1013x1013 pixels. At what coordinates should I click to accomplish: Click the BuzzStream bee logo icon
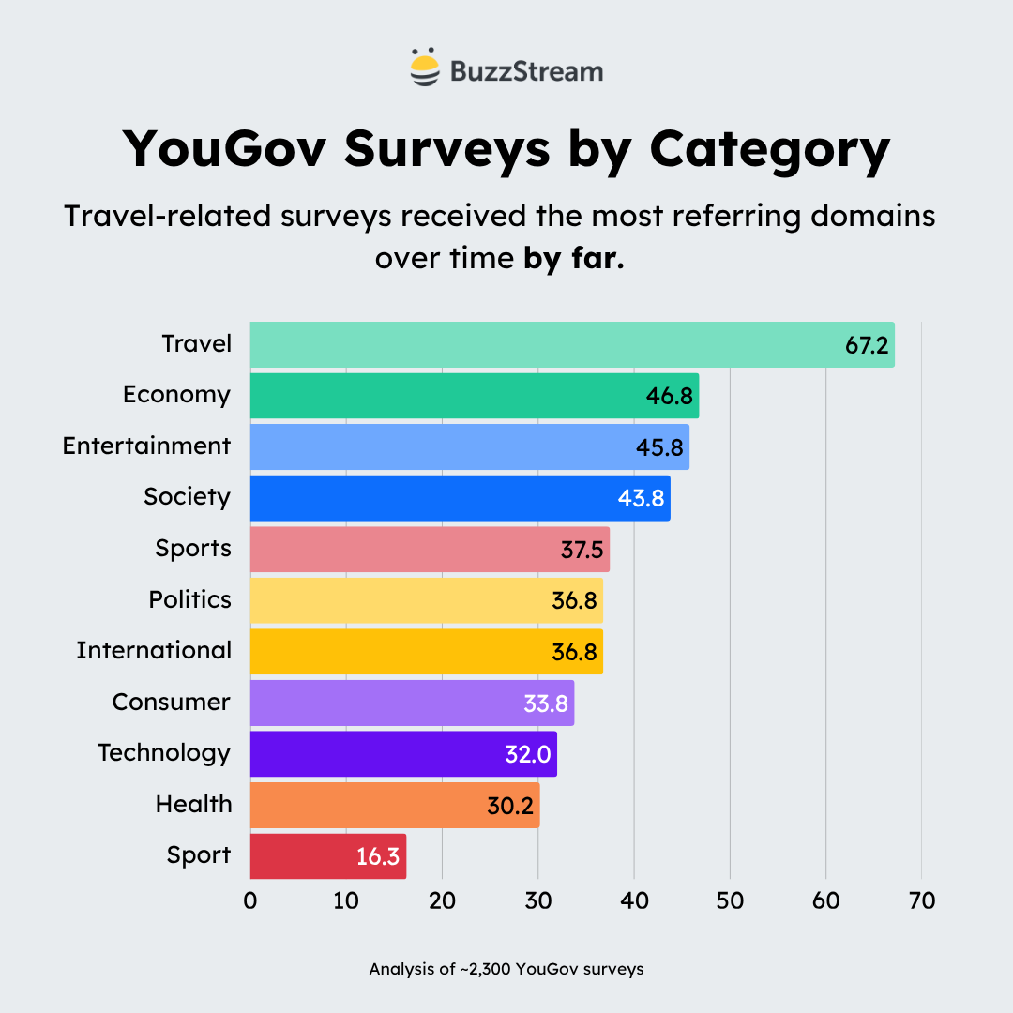[x=424, y=67]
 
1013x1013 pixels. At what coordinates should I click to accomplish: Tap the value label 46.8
[x=669, y=396]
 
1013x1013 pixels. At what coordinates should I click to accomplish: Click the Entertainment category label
[x=146, y=446]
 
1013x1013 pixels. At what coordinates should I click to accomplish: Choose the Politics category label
[x=189, y=599]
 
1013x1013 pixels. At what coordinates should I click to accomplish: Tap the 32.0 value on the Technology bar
[x=527, y=754]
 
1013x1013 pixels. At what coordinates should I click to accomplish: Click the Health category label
[x=193, y=804]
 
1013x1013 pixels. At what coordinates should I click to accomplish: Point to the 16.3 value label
[x=378, y=856]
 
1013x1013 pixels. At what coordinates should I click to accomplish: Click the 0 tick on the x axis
[x=250, y=900]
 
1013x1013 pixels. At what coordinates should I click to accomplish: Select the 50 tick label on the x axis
[x=730, y=900]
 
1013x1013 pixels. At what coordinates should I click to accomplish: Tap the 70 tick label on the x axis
[x=922, y=900]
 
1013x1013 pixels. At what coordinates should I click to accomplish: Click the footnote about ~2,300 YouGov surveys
[x=506, y=969]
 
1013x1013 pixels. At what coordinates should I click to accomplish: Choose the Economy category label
[x=176, y=395]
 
